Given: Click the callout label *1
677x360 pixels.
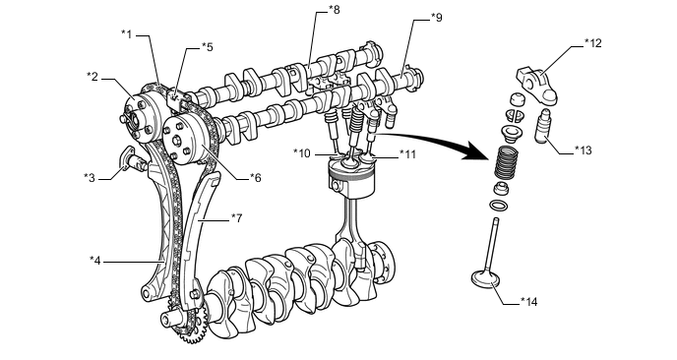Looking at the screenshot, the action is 127,34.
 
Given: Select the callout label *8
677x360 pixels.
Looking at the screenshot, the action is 335,10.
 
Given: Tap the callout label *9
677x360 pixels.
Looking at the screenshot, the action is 437,18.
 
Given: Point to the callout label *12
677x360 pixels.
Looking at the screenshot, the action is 592,43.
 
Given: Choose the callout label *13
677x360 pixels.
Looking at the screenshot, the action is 584,150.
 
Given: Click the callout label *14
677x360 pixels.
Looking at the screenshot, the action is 529,302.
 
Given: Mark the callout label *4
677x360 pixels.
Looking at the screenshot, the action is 95,261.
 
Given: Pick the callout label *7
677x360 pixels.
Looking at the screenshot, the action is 236,218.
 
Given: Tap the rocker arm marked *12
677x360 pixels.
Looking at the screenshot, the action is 537,87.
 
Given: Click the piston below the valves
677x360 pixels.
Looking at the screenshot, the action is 350,178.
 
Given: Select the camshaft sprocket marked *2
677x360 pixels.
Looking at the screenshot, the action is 141,118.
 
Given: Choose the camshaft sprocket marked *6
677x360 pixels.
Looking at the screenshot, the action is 187,142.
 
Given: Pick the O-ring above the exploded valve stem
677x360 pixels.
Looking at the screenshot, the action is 499,205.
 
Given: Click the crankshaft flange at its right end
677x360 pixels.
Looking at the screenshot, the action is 384,261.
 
